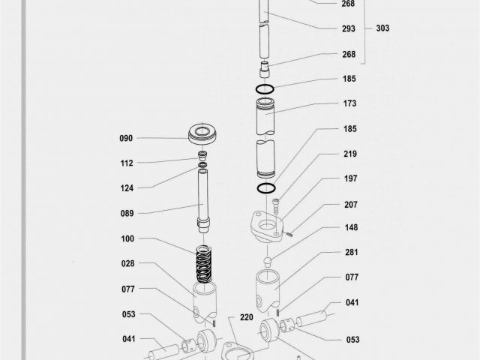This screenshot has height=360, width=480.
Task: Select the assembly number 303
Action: click(382, 28)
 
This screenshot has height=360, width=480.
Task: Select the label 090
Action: click(127, 138)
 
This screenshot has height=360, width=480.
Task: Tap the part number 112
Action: click(127, 163)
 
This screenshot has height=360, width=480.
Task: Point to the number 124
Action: click(127, 187)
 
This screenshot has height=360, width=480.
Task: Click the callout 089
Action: click(127, 214)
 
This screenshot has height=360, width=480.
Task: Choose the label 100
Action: click(127, 238)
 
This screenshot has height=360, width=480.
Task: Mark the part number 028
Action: click(127, 263)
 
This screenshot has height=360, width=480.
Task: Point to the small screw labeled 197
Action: click(276, 202)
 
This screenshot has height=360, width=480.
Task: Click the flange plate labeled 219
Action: click(264, 227)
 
